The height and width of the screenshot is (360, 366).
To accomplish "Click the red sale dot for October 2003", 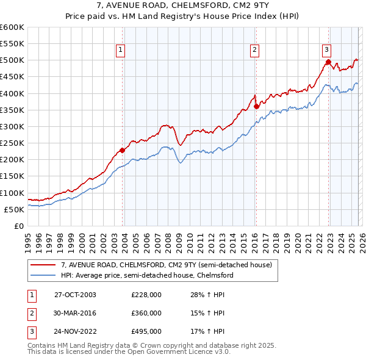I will tap(123, 150).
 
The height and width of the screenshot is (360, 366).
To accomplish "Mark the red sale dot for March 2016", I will tap(256, 106).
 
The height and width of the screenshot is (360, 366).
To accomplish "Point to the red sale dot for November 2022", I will tap(328, 62).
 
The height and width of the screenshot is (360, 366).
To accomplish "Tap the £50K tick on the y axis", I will tap(14, 209).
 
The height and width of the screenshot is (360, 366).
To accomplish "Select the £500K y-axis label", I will tap(12, 60).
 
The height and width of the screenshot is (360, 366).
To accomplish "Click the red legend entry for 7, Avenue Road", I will tap(170, 265).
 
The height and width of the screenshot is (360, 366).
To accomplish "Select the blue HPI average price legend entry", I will tap(146, 275).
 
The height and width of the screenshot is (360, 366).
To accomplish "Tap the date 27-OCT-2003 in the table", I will tap(76, 295).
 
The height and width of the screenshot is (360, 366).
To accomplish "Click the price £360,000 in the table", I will tap(146, 313).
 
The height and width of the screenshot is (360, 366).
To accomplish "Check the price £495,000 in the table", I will tap(146, 331).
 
